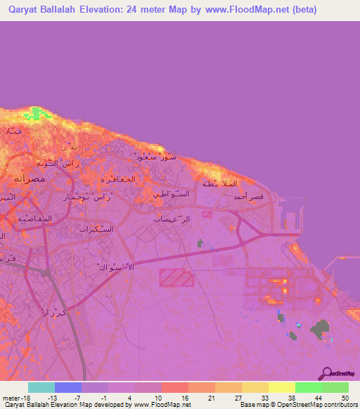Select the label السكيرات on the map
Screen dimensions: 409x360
coord(94,229)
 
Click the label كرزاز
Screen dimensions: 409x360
coord(54,310)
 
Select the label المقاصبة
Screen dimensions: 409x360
coord(33,219)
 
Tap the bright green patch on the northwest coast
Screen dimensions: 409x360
coord(34,114)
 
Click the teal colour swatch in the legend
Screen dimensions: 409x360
coord(41,387)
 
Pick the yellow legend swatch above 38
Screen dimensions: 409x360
coord(281,387)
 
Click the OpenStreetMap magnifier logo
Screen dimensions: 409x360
coord(326,373)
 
